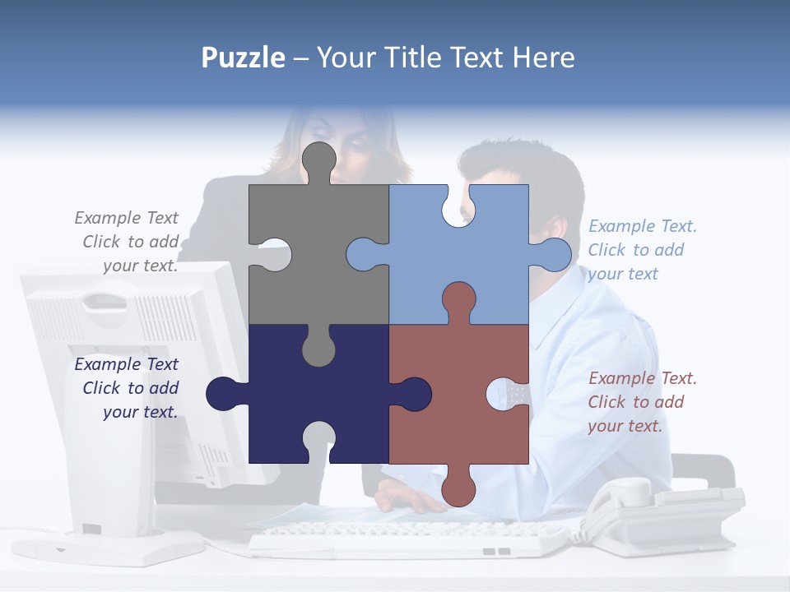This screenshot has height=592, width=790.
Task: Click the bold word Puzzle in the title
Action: (x=244, y=58)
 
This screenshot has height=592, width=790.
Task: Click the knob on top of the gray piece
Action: (x=318, y=161)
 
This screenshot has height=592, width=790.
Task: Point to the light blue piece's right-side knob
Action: (x=554, y=254)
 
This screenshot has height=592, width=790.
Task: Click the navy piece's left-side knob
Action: (x=223, y=394)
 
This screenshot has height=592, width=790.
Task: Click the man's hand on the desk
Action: (x=403, y=497)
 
